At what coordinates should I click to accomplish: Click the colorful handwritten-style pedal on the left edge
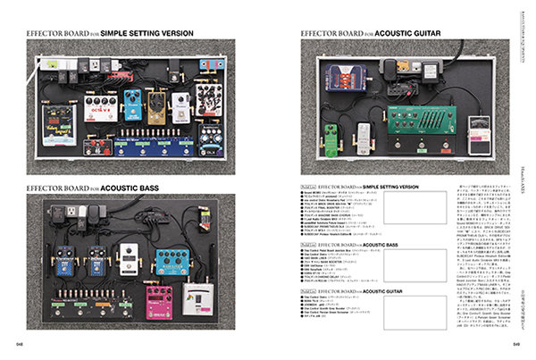point(59,121)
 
